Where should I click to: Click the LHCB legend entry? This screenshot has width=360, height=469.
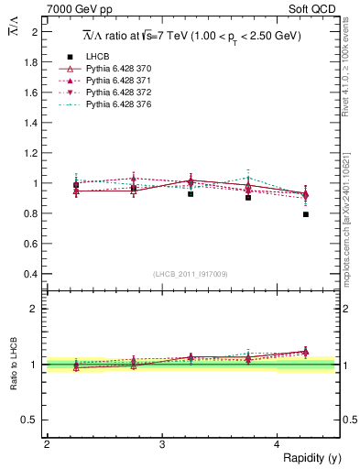pos(96,57)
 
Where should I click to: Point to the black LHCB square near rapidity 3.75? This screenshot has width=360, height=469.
pos(248,198)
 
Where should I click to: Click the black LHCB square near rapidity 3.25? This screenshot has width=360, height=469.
pos(191,194)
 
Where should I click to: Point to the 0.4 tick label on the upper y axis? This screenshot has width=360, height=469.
pos(33,274)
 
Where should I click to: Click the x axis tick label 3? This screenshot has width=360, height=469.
pos(161,444)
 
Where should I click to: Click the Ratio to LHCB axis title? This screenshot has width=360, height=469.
pos(14,365)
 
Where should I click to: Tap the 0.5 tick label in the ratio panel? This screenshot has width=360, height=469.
pos(31,420)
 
